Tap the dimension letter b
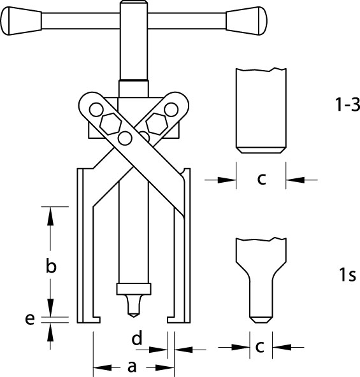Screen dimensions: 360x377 pyautogui.click(x=51, y=266)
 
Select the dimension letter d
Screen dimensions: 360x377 pyautogui.click(x=137, y=338)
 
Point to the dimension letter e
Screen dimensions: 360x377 pyautogui.click(x=30, y=319)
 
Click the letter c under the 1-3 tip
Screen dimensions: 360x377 pyautogui.click(x=261, y=179)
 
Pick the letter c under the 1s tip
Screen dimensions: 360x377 pyautogui.click(x=260, y=346)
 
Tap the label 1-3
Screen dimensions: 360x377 pyautogui.click(x=347, y=104)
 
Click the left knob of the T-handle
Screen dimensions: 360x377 pyautogui.click(x=21, y=21)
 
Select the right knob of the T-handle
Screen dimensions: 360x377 pyautogui.click(x=247, y=21)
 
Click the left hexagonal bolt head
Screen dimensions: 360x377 pyautogui.click(x=110, y=124)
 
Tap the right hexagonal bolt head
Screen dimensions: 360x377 pyautogui.click(x=156, y=124)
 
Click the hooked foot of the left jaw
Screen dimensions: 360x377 pyautogui.click(x=92, y=320)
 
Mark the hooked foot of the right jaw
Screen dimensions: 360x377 pyautogui.click(x=175, y=320)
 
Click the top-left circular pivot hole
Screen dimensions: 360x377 pyautogui.click(x=96, y=110)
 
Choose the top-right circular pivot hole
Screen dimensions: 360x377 pyautogui.click(x=171, y=110)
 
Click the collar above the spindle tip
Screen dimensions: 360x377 pyautogui.click(x=134, y=288)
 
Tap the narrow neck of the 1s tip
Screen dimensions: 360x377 pyautogui.click(x=261, y=298)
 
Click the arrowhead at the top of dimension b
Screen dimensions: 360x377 pyautogui.click(x=50, y=216)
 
